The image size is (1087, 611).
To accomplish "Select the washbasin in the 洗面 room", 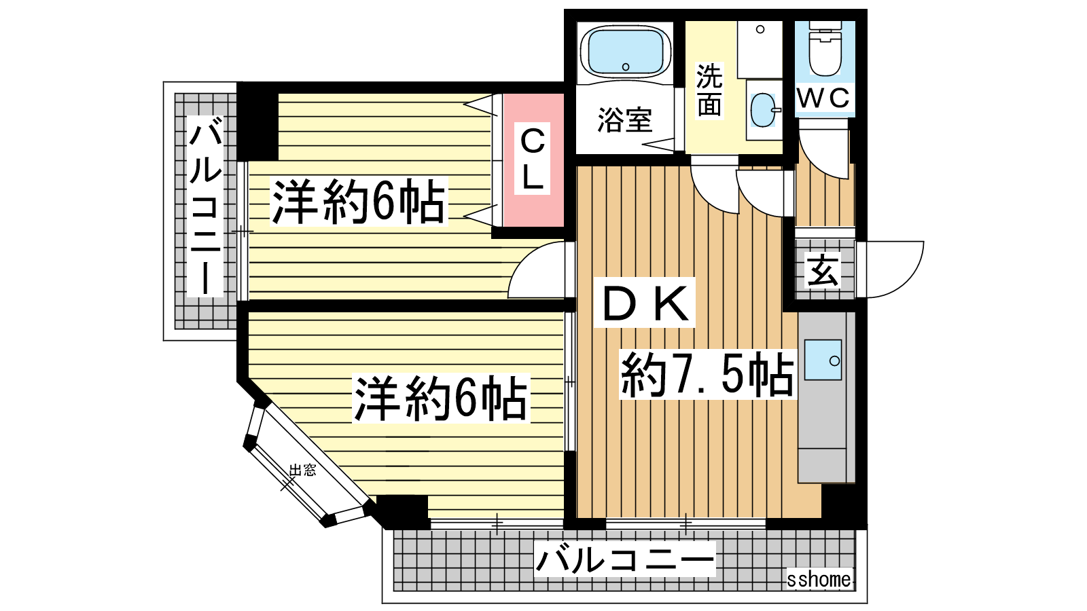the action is pos(764,109).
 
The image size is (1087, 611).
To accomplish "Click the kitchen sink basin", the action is pos(823,359).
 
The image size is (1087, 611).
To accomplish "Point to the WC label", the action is pos(824,98).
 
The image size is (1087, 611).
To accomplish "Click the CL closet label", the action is pos(533,158).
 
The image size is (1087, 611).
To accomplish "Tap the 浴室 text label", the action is pos(624,119).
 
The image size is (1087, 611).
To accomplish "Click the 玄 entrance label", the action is pos(823,271).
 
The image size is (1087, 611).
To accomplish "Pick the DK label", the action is pos(645,303).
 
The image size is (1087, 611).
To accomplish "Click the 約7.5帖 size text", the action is pos(707,374).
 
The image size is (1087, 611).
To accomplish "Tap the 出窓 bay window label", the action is pos(302,469).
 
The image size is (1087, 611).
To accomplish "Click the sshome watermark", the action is pos(819,579).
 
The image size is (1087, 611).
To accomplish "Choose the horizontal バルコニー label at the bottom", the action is pos(625,559).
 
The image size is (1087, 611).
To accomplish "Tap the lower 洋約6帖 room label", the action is pos(441,399).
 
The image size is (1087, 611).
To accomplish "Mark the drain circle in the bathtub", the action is pos(626,67).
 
